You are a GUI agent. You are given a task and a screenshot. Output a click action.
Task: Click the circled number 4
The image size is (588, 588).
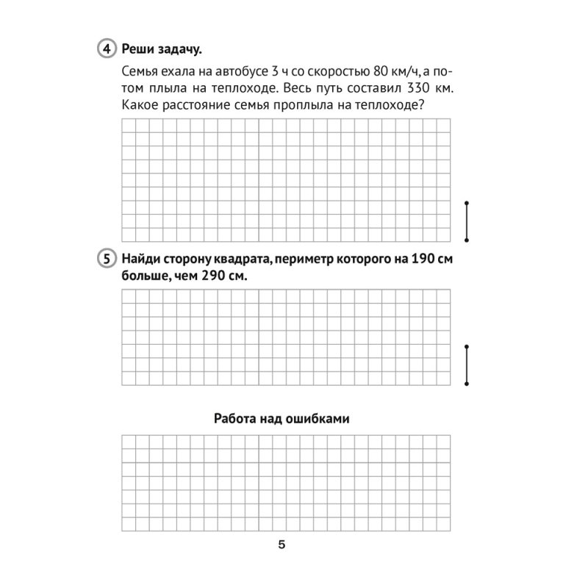(106, 49)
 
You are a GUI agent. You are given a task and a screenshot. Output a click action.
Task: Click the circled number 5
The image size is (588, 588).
(106, 259)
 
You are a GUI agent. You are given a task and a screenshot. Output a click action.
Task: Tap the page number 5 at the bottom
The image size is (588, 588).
(282, 545)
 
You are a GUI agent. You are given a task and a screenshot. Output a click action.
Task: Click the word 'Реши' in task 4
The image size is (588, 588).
(138, 49)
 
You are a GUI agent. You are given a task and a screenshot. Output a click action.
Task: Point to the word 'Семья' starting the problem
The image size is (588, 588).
(136, 72)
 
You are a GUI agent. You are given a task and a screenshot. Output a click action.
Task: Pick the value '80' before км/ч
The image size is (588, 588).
(369, 72)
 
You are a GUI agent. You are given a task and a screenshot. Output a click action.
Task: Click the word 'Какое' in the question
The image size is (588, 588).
(135, 105)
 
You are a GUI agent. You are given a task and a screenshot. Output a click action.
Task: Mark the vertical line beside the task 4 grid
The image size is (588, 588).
(467, 220)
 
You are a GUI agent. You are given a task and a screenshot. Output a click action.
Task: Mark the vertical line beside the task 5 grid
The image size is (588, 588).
(467, 365)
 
